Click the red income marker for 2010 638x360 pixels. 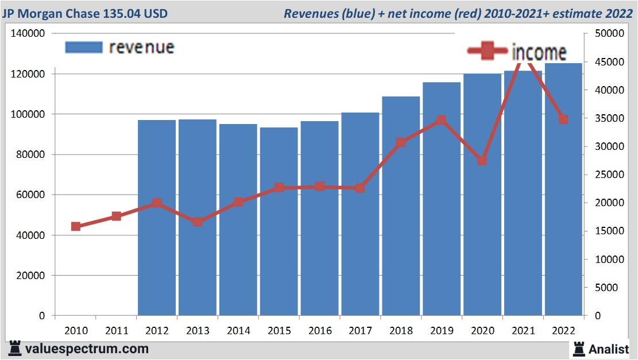pyautogui.click(x=76, y=226)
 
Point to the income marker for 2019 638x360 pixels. pyautogui.click(x=441, y=120)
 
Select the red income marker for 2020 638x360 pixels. pyautogui.click(x=482, y=161)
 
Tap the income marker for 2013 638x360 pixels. pyautogui.click(x=198, y=222)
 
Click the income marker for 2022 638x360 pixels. pyautogui.click(x=563, y=119)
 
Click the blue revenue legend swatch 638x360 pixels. pyautogui.click(x=84, y=47)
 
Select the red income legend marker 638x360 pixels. pyautogui.click(x=488, y=52)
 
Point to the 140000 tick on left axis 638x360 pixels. pyautogui.click(x=28, y=34)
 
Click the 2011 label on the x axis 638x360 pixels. pyautogui.click(x=116, y=331)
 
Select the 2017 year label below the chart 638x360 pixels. pyautogui.click(x=360, y=331)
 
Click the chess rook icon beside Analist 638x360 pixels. pyautogui.click(x=578, y=349)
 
